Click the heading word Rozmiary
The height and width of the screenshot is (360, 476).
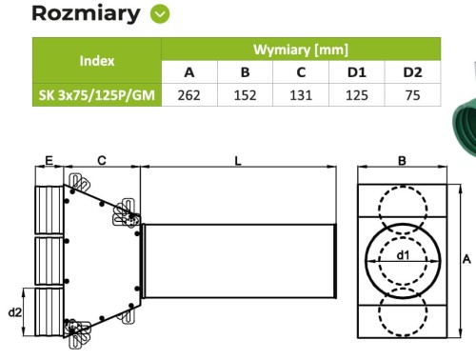72,13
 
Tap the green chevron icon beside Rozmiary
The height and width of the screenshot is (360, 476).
161,14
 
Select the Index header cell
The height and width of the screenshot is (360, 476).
97,60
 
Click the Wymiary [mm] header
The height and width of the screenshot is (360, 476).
301,49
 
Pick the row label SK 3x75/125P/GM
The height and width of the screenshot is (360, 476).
97,94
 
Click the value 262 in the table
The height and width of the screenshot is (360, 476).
188,94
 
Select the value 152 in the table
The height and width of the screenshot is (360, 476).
245,94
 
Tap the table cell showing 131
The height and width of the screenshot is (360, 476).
301,94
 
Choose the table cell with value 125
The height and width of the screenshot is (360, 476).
357,94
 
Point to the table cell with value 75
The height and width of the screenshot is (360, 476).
412,94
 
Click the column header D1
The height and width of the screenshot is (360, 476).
357,71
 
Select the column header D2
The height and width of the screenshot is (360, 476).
412,71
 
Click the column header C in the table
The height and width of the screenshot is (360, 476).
301,71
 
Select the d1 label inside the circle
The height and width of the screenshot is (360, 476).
403,254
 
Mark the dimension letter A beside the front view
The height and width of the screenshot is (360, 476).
466,258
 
